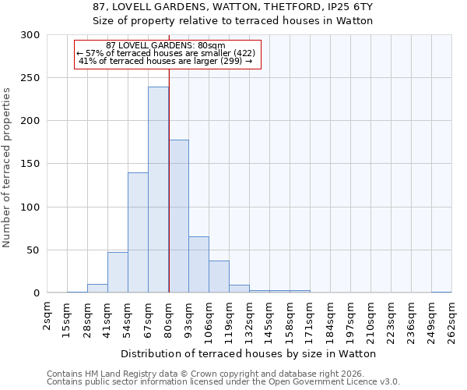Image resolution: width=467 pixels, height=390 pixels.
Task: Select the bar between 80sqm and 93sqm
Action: [x=178, y=216]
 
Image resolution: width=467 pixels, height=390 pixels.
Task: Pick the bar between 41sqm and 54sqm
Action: [x=118, y=272]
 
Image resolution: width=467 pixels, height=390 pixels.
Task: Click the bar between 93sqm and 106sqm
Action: [x=198, y=264]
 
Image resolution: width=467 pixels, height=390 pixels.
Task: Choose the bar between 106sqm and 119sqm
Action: [x=219, y=277]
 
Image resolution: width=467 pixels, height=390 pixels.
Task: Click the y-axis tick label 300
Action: [x=30, y=35]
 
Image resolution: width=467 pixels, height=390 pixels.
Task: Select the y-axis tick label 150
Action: [x=30, y=164]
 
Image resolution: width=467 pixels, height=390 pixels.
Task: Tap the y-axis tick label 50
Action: [x=33, y=250]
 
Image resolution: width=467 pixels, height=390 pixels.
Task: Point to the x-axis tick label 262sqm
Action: [x=451, y=318]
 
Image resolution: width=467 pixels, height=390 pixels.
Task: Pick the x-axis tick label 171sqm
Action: [x=311, y=318]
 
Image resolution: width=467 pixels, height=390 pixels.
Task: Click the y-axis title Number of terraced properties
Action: [x=7, y=168]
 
